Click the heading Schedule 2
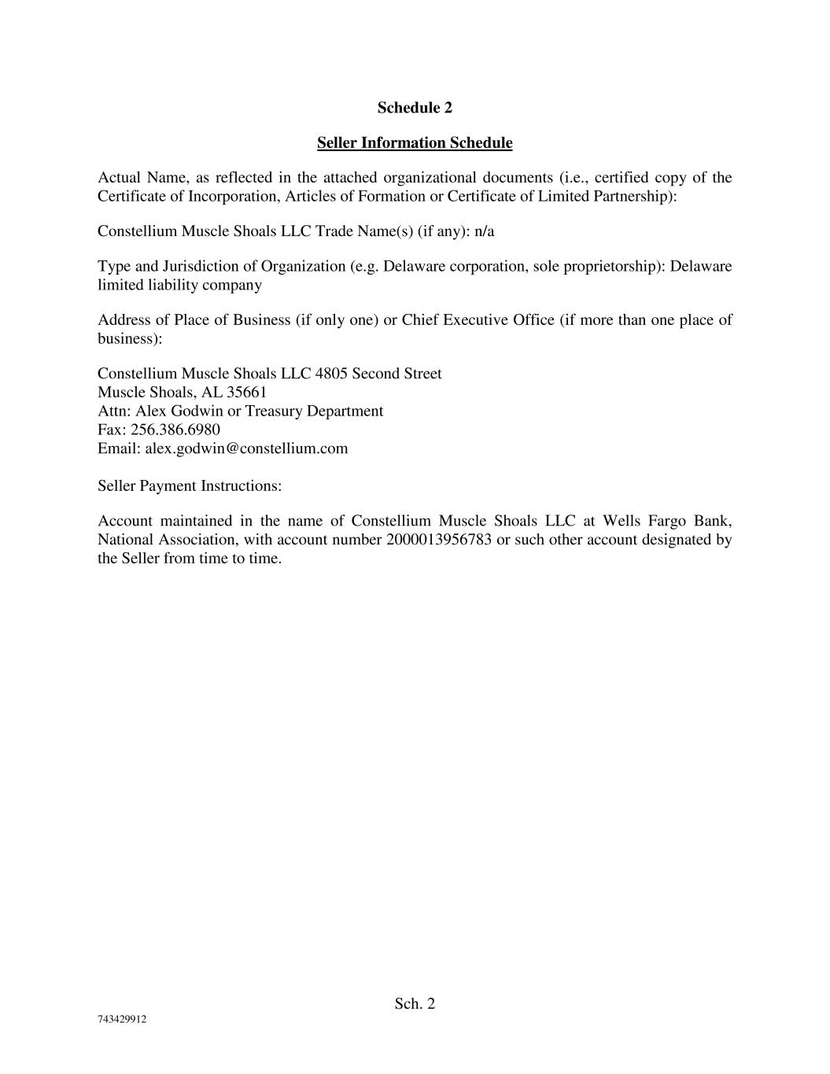(415, 108)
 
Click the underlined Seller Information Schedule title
(415, 143)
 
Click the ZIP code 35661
(247, 392)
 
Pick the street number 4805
(331, 373)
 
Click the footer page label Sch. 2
(415, 1003)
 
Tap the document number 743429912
(122, 1020)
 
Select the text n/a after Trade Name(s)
(485, 231)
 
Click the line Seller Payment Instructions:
(190, 486)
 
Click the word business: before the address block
(130, 338)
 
